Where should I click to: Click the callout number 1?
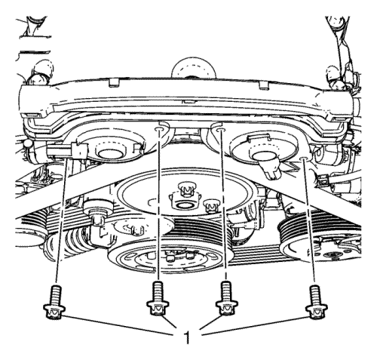click(187, 337)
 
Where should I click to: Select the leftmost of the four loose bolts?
click(54, 303)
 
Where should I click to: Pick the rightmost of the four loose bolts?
click(316, 302)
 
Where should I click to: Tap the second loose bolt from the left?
click(158, 298)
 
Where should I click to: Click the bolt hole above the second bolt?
click(159, 129)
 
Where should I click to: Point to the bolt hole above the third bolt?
click(221, 130)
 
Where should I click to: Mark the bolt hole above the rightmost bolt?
click(303, 159)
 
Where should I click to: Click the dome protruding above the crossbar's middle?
click(193, 67)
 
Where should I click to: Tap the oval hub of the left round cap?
click(111, 153)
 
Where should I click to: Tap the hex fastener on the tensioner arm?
click(97, 220)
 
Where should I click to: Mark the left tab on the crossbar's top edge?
click(114, 82)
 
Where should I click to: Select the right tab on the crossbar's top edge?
click(264, 85)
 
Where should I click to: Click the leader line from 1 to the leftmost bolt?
click(118, 325)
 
